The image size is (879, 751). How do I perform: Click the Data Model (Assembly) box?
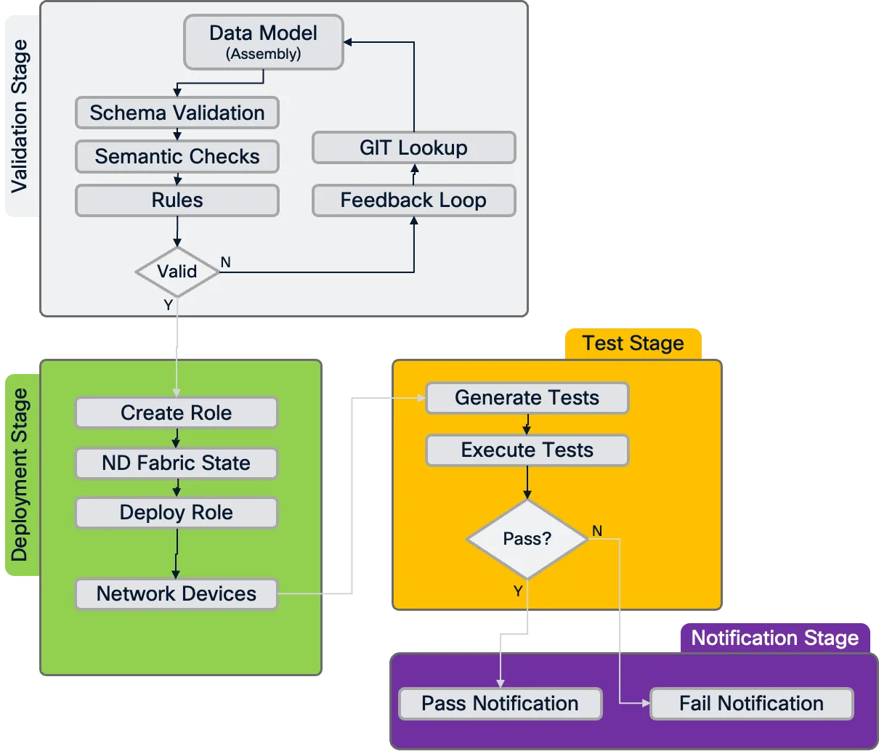click(263, 42)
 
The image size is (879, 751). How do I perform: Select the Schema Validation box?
click(177, 113)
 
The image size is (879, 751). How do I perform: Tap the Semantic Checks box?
click(177, 157)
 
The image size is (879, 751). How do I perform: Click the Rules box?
click(177, 200)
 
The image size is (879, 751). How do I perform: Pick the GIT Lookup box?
click(413, 148)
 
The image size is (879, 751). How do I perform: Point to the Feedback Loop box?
click(413, 200)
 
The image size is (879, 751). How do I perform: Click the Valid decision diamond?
click(177, 272)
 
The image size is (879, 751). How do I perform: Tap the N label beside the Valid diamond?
click(226, 262)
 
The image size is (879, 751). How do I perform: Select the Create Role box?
click(176, 413)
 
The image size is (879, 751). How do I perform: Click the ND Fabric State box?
click(176, 463)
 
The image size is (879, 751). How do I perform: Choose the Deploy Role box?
click(176, 513)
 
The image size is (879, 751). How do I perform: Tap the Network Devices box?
click(176, 594)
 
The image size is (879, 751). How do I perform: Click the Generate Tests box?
click(527, 398)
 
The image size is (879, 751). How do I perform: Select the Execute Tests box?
click(527, 450)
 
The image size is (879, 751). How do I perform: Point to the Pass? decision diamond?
click(527, 539)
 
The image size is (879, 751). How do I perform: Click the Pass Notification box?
click(500, 704)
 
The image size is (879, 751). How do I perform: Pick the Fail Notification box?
click(751, 704)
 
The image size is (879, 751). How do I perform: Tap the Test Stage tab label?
click(633, 344)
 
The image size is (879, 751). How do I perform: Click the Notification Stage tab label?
click(774, 638)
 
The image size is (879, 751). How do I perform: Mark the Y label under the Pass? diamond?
click(518, 591)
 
